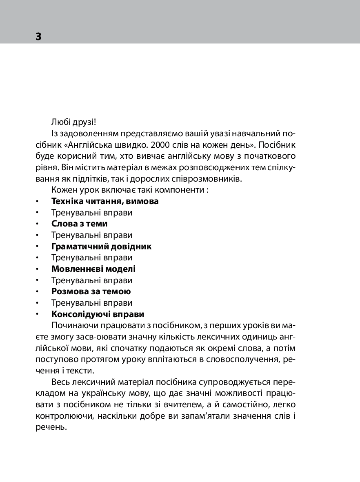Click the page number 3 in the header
(38, 36)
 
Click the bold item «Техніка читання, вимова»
(105, 201)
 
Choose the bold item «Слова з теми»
(80, 224)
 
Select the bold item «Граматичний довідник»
(102, 247)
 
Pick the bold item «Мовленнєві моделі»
(93, 269)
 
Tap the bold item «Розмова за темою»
(91, 292)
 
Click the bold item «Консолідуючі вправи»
(98, 315)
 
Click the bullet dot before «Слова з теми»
(37, 224)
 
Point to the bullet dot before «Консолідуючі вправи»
(37, 315)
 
